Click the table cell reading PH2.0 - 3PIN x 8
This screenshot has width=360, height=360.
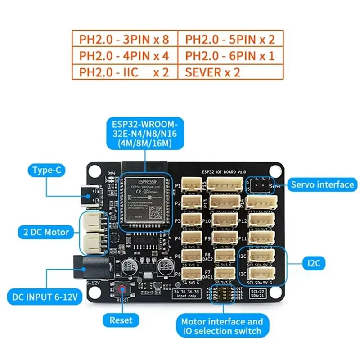coord(124,39)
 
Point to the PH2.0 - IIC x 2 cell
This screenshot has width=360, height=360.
coord(124,72)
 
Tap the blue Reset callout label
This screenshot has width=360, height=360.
coord(121,320)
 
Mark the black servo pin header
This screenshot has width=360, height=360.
coord(260,185)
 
